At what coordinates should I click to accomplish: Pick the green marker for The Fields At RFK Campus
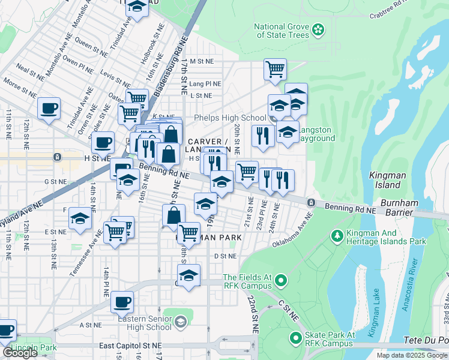click(280, 280)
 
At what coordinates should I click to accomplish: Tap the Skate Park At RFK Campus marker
click(295, 339)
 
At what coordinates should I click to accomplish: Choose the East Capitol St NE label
click(130, 346)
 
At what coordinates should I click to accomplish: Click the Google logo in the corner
click(20, 352)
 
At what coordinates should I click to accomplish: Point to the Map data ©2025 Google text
click(412, 355)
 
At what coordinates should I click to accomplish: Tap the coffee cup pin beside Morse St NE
click(49, 109)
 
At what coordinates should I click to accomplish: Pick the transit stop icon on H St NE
click(56, 157)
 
